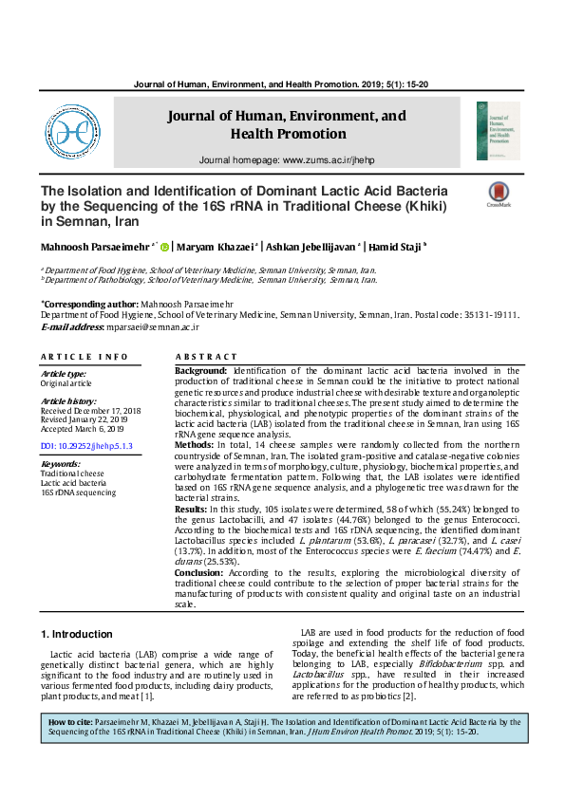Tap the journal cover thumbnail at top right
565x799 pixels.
coord(498,131)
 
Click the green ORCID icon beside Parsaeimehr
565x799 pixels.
coord(164,248)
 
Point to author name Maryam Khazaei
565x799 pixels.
coord(216,248)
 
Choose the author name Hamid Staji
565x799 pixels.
coord(395,248)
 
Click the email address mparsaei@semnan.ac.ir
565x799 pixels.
coord(152,326)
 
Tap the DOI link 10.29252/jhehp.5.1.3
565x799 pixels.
coord(86,445)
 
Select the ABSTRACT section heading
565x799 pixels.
coord(201,356)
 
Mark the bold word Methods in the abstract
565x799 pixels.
coord(194,443)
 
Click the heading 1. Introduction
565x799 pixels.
coord(76,633)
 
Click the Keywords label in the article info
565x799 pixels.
coord(60,463)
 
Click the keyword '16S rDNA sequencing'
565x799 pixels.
coord(78,493)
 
